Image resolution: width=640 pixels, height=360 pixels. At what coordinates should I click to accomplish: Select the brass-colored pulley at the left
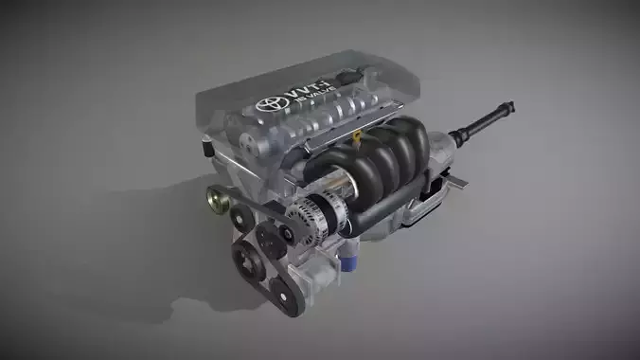coord(217,199)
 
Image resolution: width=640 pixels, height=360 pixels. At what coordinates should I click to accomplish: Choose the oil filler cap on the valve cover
coord(352,76)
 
